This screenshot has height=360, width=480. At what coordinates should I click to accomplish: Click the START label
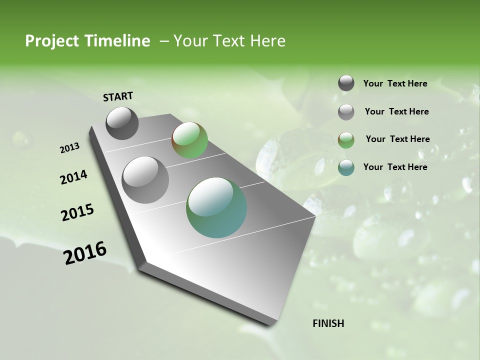coord(118,96)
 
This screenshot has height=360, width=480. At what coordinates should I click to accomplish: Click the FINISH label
coord(328,323)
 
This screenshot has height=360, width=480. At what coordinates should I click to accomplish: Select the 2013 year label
coord(69,148)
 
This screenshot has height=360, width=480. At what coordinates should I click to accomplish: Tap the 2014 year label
coord(73,177)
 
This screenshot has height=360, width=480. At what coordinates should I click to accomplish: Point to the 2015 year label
coord(77,212)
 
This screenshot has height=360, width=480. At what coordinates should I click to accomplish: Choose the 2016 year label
coord(85,253)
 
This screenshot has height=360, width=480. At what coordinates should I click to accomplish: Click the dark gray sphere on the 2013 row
coord(122,123)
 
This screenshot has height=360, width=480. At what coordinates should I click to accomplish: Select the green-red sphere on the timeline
coord(189,140)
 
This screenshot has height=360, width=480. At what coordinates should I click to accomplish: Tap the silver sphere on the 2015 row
coord(145,179)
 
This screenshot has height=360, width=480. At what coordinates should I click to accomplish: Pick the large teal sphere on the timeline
coord(216,207)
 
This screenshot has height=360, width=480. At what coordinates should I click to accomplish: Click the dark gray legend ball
coord(346,83)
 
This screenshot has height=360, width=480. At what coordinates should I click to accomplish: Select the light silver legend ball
coord(346,112)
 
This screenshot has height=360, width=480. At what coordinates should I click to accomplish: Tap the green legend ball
coord(346,140)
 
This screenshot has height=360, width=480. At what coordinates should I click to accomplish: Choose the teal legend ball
coord(346,167)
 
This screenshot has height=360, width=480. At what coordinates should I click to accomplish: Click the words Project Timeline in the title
coord(87,41)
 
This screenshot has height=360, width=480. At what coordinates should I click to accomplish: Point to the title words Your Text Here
coord(229,41)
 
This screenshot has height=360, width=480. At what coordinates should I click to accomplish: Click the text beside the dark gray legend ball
coord(395,83)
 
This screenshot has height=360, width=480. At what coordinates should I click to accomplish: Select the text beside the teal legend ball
coord(395,167)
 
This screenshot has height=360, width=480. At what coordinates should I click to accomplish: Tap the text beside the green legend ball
coord(397,139)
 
